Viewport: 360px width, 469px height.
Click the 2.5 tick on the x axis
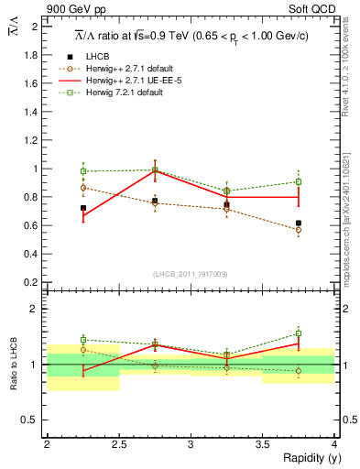118,444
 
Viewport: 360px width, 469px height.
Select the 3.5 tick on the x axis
263,444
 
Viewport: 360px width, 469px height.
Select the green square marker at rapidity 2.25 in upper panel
83,171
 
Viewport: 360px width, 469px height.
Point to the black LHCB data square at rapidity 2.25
83,208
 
